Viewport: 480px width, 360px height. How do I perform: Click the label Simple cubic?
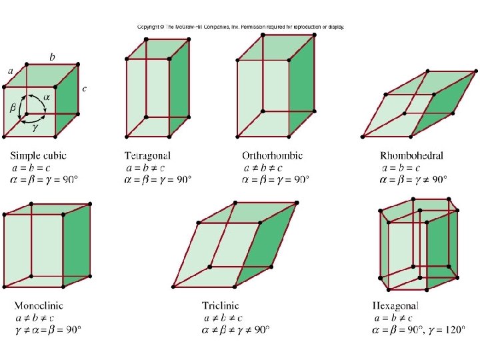pyautogui.click(x=38, y=156)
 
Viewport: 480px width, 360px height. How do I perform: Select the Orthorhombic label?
pyautogui.click(x=272, y=156)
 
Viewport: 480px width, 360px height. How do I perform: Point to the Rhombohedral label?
pyautogui.click(x=411, y=156)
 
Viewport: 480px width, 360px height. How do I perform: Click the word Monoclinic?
pyautogui.click(x=39, y=306)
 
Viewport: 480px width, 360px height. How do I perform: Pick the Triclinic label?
pyautogui.click(x=220, y=306)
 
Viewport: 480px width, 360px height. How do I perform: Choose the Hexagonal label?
pyautogui.click(x=396, y=306)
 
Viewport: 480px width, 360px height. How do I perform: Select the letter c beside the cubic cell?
pyautogui.click(x=84, y=88)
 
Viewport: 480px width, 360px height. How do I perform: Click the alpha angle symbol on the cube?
pyautogui.click(x=46, y=97)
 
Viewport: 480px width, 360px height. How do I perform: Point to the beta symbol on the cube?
pyautogui.click(x=13, y=107)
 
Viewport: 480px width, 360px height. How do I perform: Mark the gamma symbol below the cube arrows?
pyautogui.click(x=35, y=127)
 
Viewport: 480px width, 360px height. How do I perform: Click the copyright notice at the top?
pyautogui.click(x=240, y=27)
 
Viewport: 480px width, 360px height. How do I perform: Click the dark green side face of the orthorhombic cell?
pyautogui.click(x=301, y=86)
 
